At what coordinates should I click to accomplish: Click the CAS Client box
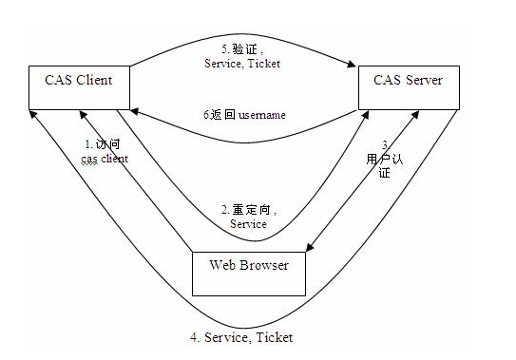[x=79, y=86]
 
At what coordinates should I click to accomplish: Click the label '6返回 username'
[x=244, y=115]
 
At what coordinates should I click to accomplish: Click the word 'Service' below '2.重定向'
[x=249, y=224]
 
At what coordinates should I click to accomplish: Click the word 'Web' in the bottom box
[x=222, y=264]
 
